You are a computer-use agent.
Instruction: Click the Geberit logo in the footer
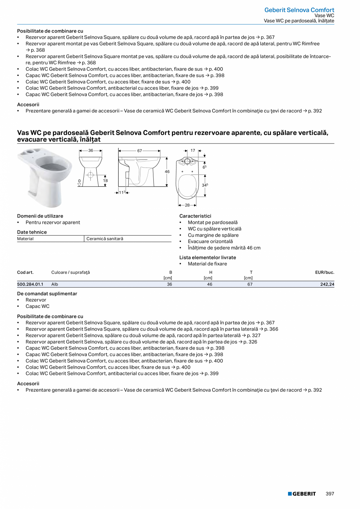point(302,494)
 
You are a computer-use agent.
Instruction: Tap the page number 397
point(329,494)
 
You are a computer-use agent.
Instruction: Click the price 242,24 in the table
point(327,284)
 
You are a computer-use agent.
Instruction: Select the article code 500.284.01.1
point(30,284)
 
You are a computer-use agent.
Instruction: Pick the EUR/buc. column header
point(324,272)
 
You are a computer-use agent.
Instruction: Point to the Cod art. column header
point(25,272)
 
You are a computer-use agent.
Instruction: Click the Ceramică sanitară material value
point(104,239)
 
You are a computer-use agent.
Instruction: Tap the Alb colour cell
point(55,284)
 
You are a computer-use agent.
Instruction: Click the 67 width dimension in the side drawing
point(140,151)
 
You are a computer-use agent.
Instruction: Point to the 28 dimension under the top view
point(187,205)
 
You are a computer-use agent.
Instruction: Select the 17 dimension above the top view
point(193,150)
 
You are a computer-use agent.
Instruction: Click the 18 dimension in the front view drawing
point(105,180)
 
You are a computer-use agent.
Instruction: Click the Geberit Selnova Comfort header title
point(299,10)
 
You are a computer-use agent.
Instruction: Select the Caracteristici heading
point(195,216)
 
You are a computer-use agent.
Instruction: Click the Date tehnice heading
point(32,232)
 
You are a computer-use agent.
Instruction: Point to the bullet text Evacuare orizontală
point(210,241)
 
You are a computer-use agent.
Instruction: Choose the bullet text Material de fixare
point(207,264)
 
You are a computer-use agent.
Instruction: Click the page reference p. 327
point(254,335)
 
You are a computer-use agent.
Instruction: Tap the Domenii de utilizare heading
point(40,216)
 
